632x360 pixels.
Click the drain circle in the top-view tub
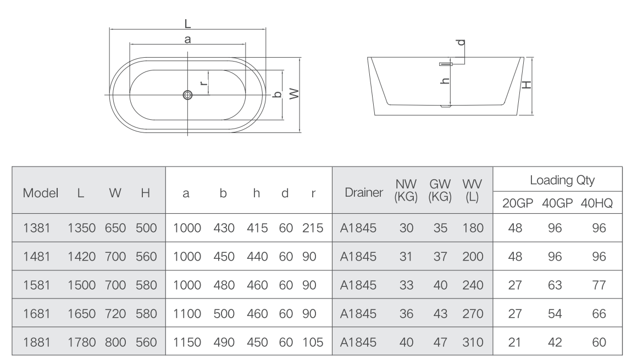pos(187,95)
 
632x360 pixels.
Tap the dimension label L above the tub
pos(187,24)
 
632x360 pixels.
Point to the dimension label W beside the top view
pos(295,94)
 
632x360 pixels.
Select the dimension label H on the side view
pos(526,85)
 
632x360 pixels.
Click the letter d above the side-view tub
pos(461,42)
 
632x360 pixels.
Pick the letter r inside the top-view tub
pos(204,82)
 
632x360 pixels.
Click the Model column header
pos(40,193)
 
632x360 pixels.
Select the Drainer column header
pos(364,193)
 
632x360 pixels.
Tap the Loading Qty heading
pos(562,180)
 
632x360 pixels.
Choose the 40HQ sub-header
pos(596,203)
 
